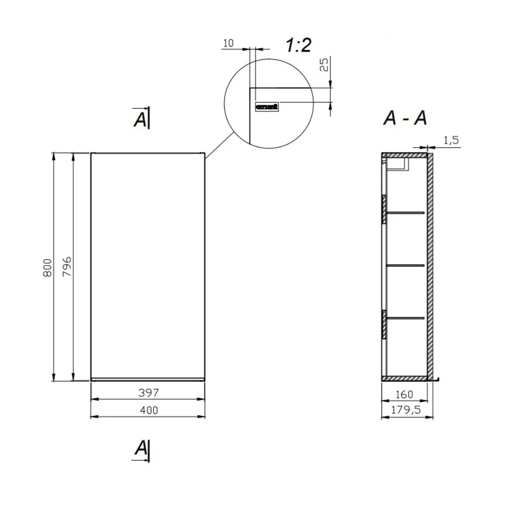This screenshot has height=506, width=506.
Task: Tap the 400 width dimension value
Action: (149, 410)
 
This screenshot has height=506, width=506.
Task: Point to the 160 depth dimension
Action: (404, 394)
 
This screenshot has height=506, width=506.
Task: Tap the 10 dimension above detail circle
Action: (228, 44)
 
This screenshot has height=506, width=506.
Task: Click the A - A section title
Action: (405, 118)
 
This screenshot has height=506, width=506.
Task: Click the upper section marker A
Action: (141, 118)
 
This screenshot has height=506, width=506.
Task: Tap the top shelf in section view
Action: (405, 213)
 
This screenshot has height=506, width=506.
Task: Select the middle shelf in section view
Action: (405, 265)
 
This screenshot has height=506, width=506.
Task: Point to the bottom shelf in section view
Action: (405, 317)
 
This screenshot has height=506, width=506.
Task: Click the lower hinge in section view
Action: (384, 324)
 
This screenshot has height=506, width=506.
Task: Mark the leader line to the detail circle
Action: (219, 144)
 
